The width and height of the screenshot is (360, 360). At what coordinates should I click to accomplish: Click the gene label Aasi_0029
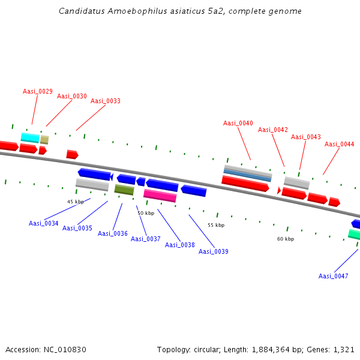point(38,91)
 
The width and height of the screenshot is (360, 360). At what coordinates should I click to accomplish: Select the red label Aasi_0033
point(106,101)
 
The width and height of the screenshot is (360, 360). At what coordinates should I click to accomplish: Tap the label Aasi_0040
point(238,123)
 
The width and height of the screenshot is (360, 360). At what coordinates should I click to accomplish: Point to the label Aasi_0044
point(340,144)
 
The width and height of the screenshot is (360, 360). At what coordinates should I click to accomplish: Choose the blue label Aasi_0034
point(44,223)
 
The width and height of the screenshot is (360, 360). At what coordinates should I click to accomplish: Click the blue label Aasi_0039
point(214,251)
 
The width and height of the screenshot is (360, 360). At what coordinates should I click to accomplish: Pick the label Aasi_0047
point(334,276)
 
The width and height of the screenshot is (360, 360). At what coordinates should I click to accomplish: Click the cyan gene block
point(30,137)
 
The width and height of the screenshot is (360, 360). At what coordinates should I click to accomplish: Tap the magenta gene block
point(160,196)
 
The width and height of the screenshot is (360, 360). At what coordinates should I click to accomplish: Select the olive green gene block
point(124,190)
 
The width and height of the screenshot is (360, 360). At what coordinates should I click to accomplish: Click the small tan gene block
point(44,140)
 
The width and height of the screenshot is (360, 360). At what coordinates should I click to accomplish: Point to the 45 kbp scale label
point(76,202)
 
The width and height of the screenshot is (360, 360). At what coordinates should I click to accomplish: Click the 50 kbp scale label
point(146,213)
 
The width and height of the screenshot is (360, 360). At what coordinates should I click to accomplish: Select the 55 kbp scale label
point(216,225)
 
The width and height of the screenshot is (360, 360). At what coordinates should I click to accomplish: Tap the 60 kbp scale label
point(286,239)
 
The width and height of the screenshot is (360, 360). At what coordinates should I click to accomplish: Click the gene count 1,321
point(343,349)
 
